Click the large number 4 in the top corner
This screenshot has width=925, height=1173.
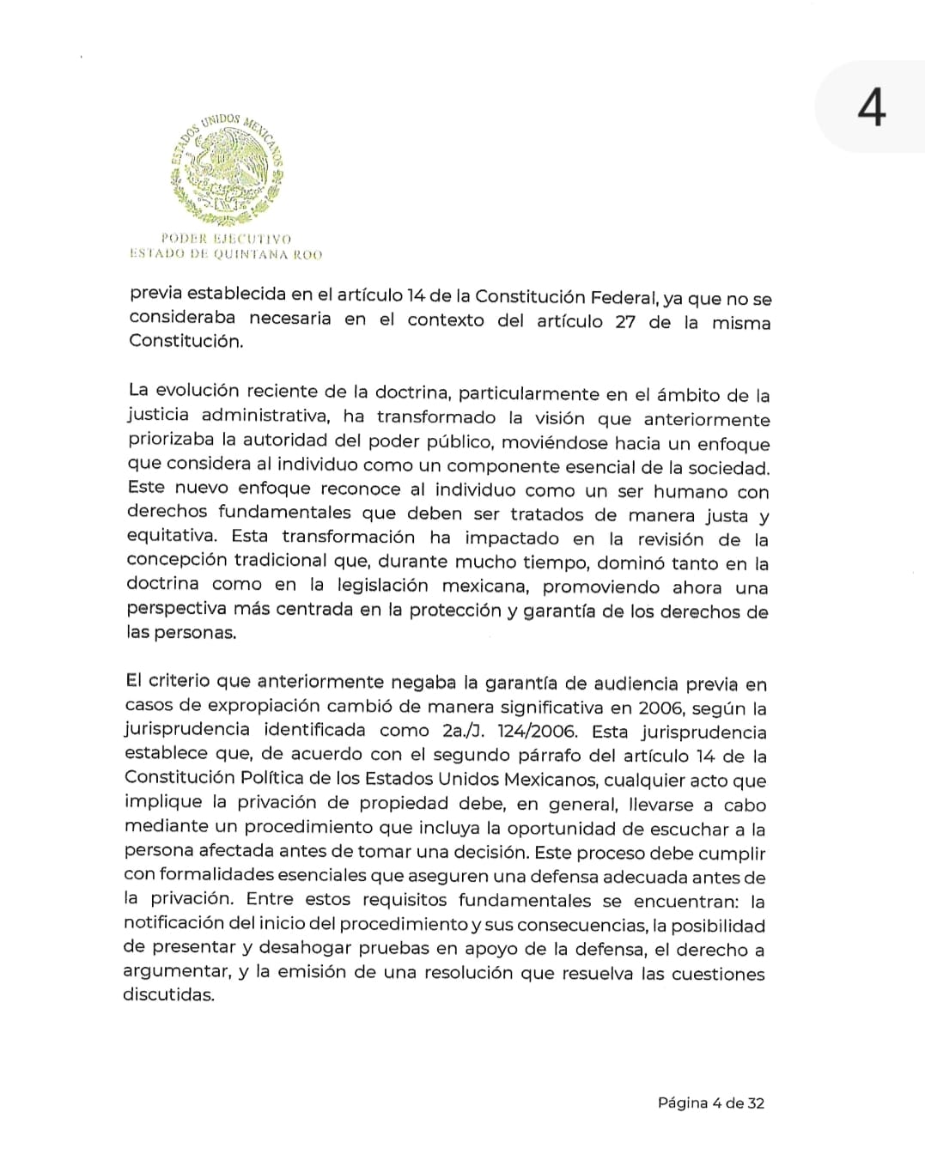[871, 109]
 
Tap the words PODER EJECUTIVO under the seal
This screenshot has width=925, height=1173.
[226, 239]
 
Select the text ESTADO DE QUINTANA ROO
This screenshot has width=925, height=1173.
[226, 254]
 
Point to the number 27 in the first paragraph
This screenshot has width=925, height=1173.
[625, 322]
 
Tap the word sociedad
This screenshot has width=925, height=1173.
[732, 468]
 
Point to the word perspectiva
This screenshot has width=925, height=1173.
[177, 609]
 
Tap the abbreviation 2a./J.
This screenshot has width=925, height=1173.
[463, 731]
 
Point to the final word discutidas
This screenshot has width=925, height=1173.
[168, 995]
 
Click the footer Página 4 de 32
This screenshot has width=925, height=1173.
[710, 1103]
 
